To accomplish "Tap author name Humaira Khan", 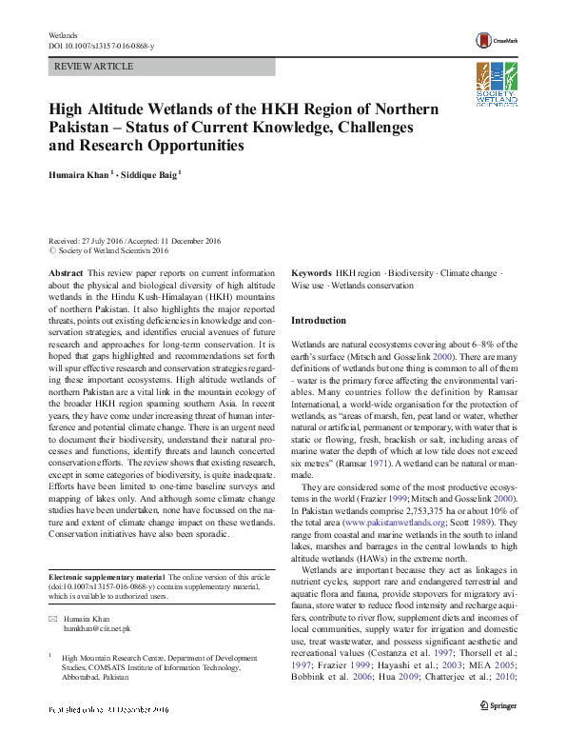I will pyautogui.click(x=79, y=174).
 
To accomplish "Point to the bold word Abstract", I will pyautogui.click(x=66, y=272).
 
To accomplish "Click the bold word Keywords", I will pyautogui.click(x=311, y=272).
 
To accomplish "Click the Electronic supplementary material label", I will pyautogui.click(x=106, y=578).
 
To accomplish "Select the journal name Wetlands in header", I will pyautogui.click(x=62, y=34).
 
